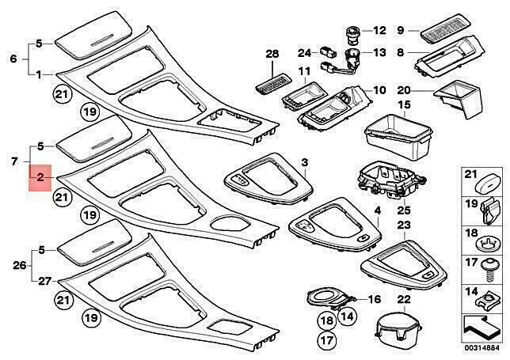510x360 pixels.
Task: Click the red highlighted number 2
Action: [40, 180]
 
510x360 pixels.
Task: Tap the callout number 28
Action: [272, 55]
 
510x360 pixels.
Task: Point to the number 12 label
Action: [379, 31]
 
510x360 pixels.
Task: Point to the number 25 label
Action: [381, 210]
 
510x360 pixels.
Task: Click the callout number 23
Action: [404, 225]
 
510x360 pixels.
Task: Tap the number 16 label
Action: [375, 299]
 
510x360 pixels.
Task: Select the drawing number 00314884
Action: [481, 349]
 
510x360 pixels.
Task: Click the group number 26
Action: [11, 265]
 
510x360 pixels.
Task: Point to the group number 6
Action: [12, 59]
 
